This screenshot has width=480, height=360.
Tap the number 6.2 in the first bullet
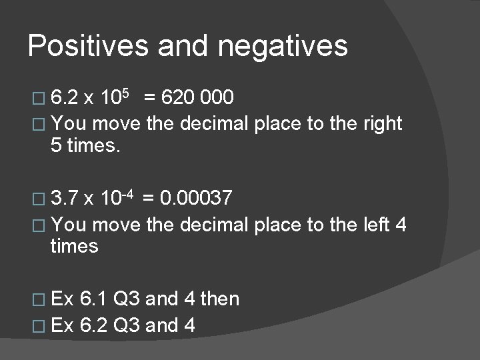(x=64, y=99)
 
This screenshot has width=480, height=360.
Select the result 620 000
(x=199, y=99)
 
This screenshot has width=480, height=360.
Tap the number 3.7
(x=64, y=199)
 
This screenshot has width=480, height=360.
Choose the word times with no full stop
(x=74, y=247)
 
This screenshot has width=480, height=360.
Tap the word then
(x=220, y=299)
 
